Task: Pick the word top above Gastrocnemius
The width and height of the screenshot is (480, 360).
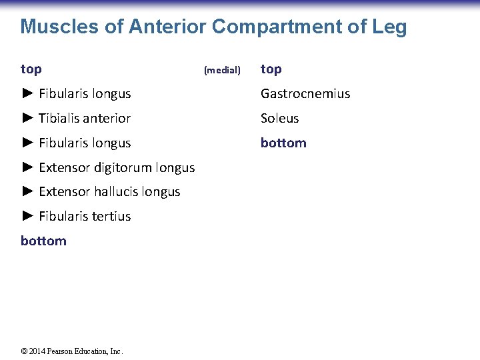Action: (271, 69)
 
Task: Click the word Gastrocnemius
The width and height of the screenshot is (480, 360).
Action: (305, 94)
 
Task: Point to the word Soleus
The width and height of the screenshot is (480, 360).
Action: (279, 119)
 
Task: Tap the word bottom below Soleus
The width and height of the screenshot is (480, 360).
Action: (283, 143)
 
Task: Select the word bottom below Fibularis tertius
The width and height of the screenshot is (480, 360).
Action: (43, 241)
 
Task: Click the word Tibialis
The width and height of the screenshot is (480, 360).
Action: (59, 119)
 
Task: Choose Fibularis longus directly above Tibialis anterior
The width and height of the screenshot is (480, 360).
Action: (85, 94)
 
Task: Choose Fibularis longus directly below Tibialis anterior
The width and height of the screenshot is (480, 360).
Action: (85, 143)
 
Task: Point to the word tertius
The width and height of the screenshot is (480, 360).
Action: (112, 216)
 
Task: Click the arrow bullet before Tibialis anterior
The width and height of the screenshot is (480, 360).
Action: (27, 118)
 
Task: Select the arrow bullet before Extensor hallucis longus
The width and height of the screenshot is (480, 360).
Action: (27, 191)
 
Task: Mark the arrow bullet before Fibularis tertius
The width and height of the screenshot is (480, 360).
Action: (27, 216)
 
